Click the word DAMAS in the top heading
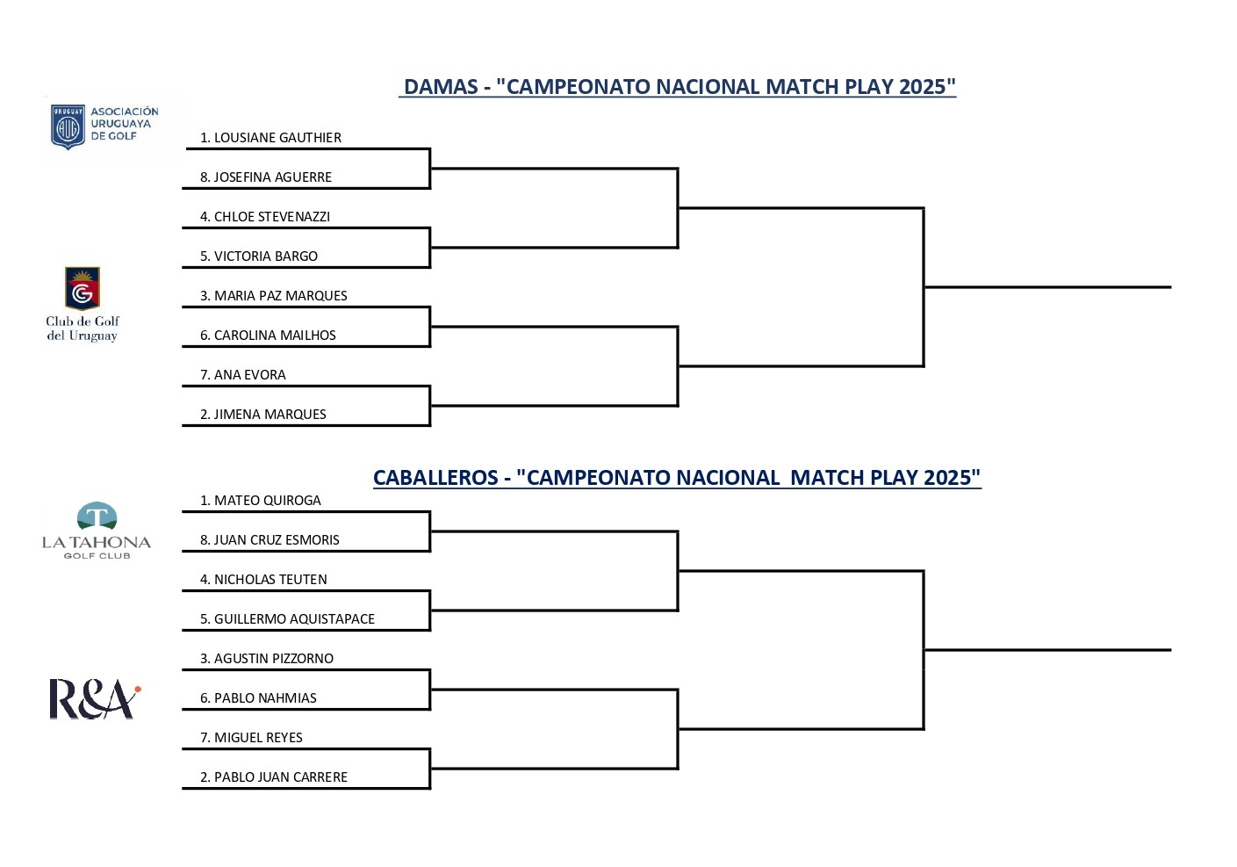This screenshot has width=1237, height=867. click(x=441, y=87)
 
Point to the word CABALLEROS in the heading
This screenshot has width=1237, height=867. click(x=435, y=478)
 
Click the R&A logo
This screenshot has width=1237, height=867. click(x=95, y=699)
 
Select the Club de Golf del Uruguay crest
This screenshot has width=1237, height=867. click(x=83, y=288)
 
